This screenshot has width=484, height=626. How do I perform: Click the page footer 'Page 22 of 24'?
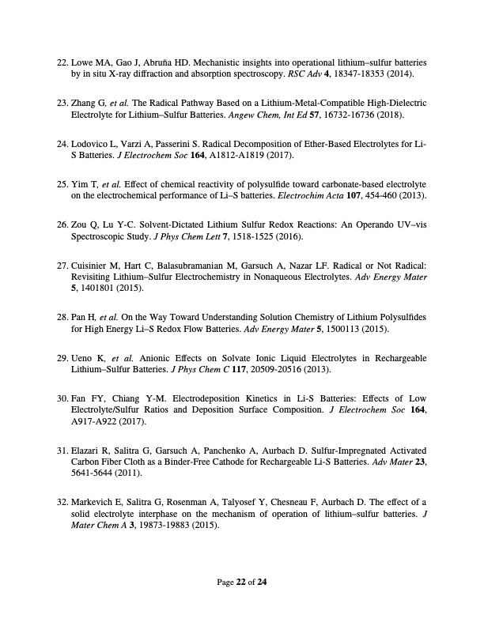[242, 583]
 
